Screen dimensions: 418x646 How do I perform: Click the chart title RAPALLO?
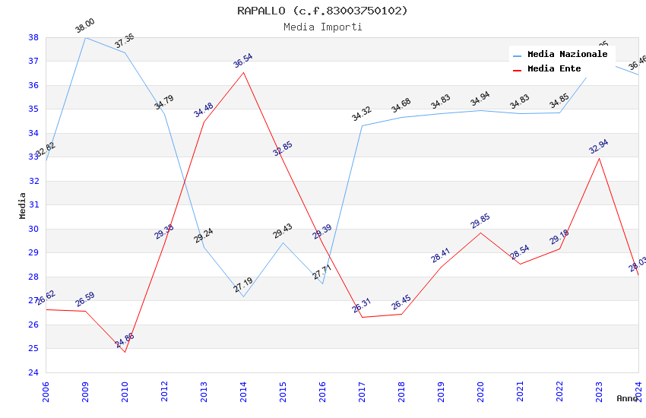coord(322,11)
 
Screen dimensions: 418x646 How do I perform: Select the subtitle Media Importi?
coord(322,27)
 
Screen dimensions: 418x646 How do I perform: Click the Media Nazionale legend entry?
coord(567,55)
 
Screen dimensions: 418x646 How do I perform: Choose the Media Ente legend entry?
coord(554,69)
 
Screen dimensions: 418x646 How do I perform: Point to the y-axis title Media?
coord(22,205)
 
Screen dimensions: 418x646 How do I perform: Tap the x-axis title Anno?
coord(627,398)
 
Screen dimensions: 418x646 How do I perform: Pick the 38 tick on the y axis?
coord(33,37)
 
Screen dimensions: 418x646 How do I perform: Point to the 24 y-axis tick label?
coord(33,372)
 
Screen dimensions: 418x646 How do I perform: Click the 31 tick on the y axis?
coord(33,205)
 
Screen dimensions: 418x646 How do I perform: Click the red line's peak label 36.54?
coord(243,61)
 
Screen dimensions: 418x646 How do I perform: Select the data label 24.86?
coord(125,340)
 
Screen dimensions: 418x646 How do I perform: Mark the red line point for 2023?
coord(599,158)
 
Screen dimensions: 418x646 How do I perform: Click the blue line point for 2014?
coord(243,296)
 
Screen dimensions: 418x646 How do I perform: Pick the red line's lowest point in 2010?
coord(125,352)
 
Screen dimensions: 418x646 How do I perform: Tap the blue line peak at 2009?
coord(85,37)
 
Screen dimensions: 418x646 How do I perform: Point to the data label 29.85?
coord(480,221)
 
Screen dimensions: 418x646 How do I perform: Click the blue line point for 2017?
coord(362,125)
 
